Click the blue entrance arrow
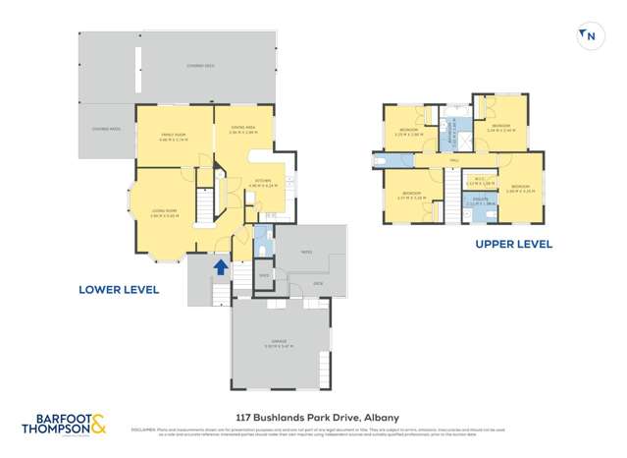221,265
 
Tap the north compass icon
589,36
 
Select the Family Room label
173,137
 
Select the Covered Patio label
106,129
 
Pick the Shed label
263,276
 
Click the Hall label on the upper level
454,159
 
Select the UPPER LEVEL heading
513,244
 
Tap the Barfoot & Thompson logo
65,425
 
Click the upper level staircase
451,183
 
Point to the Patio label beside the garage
307,253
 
